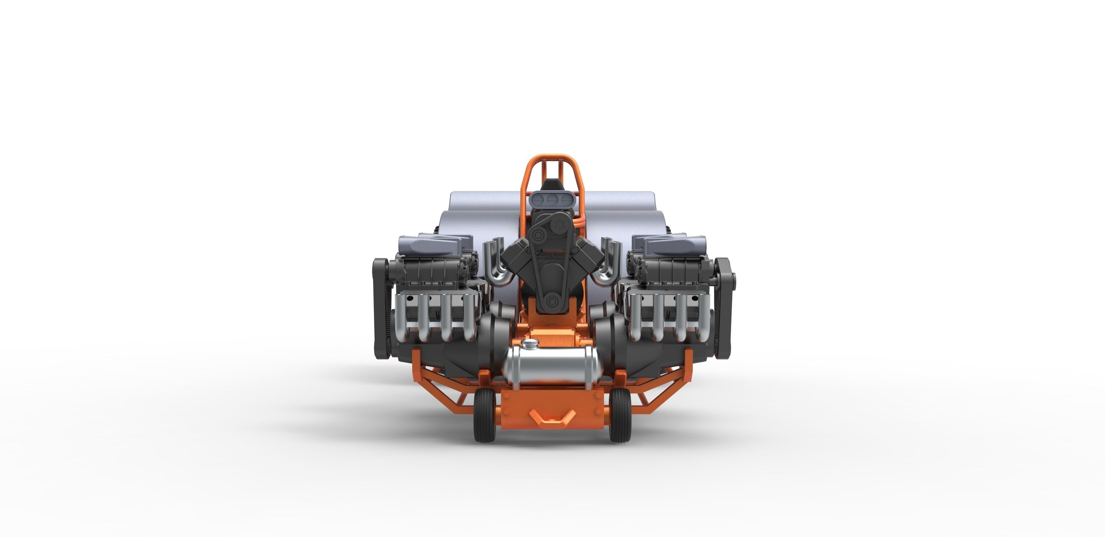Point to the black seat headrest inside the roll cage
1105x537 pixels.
point(551,185)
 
